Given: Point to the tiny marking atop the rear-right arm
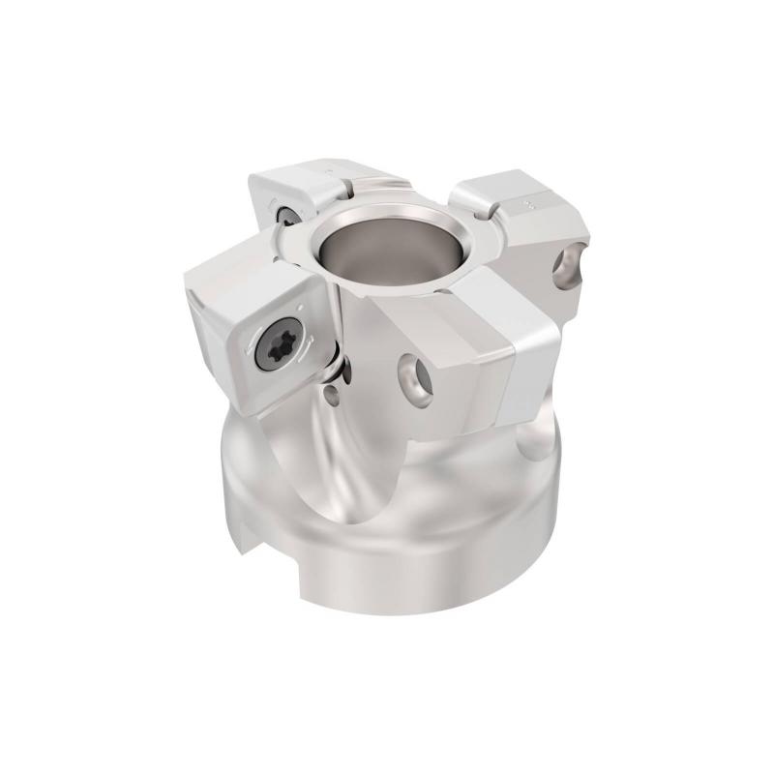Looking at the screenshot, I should click(528, 205).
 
